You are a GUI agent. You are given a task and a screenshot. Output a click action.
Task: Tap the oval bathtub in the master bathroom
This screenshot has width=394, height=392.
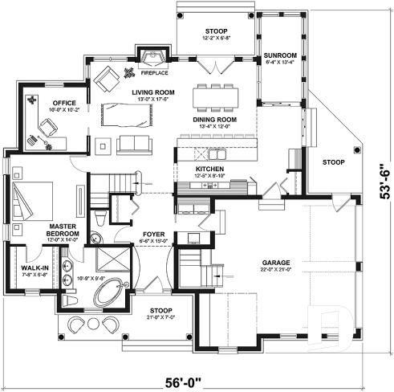click(109, 291)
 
